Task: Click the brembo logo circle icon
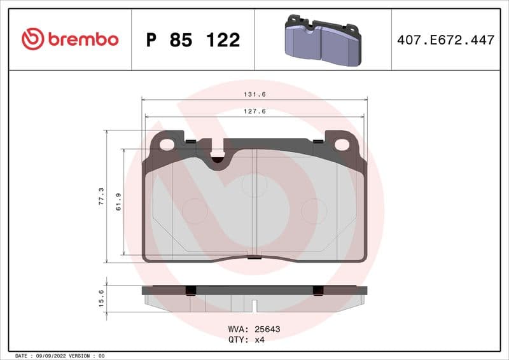32,39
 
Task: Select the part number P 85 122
193,40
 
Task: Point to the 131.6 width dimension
254,93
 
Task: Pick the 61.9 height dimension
118,202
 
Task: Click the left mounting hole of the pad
167,144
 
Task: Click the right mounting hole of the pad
342,144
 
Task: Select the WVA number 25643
267,329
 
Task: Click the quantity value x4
259,340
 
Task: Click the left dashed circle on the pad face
195,211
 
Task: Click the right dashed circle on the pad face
313,211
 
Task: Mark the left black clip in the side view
190,290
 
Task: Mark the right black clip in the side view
318,290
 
